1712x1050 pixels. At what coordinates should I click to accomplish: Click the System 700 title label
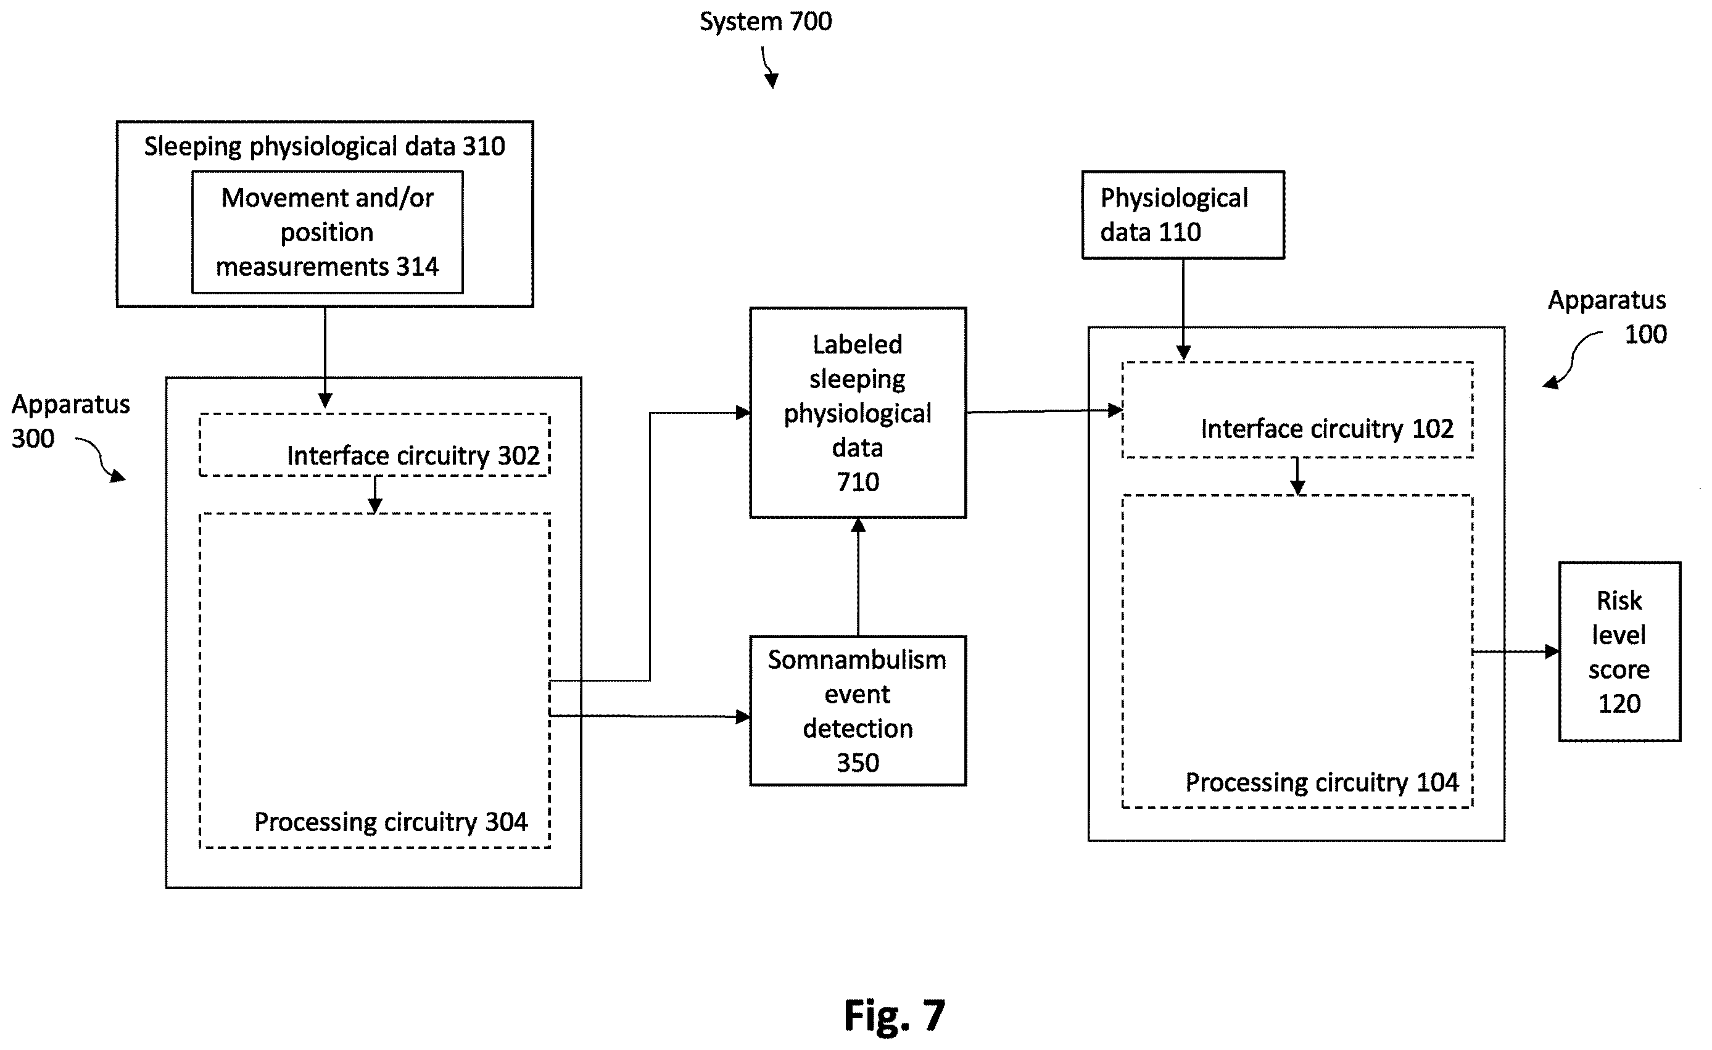tap(765, 22)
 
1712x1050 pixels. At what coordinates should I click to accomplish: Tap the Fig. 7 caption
tap(894, 1015)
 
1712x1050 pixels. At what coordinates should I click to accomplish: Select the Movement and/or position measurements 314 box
tap(327, 232)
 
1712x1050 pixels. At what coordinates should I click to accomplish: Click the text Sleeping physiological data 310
tap(325, 147)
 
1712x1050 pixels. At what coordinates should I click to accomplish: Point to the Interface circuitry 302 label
tap(413, 456)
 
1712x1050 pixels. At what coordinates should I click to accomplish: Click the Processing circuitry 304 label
tap(391, 822)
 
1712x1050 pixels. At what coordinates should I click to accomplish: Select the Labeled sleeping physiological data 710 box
tap(858, 413)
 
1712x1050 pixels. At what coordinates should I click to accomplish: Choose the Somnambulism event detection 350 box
tap(858, 711)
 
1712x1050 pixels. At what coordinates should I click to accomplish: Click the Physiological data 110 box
tap(1183, 215)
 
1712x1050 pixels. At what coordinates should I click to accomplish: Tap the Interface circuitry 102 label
tap(1327, 429)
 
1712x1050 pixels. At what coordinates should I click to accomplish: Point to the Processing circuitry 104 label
tap(1322, 782)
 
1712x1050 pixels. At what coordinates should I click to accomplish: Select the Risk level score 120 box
tap(1619, 652)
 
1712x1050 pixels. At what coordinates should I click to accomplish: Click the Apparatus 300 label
tap(70, 421)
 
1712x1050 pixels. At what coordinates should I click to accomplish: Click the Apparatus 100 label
tap(1607, 317)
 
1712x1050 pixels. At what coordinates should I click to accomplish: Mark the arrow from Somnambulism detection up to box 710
tap(858, 577)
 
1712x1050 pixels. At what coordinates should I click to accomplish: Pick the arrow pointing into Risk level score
tap(1516, 652)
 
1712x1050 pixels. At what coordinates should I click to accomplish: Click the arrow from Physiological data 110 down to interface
tap(1183, 310)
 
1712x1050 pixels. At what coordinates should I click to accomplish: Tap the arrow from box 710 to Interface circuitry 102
tap(1044, 411)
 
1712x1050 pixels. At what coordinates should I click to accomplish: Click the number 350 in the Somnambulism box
tap(858, 763)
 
